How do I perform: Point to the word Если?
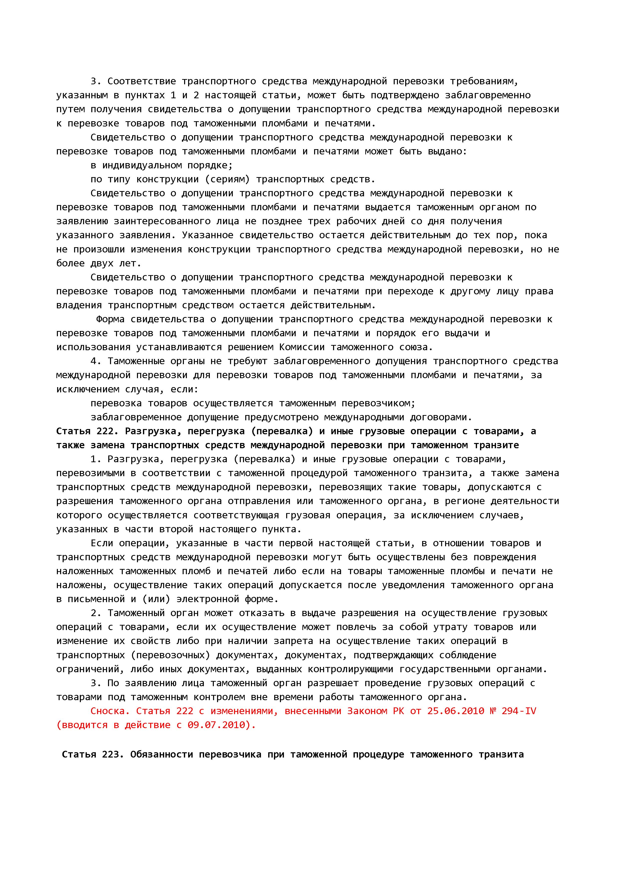pos(102,543)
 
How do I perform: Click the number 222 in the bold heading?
pos(105,431)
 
